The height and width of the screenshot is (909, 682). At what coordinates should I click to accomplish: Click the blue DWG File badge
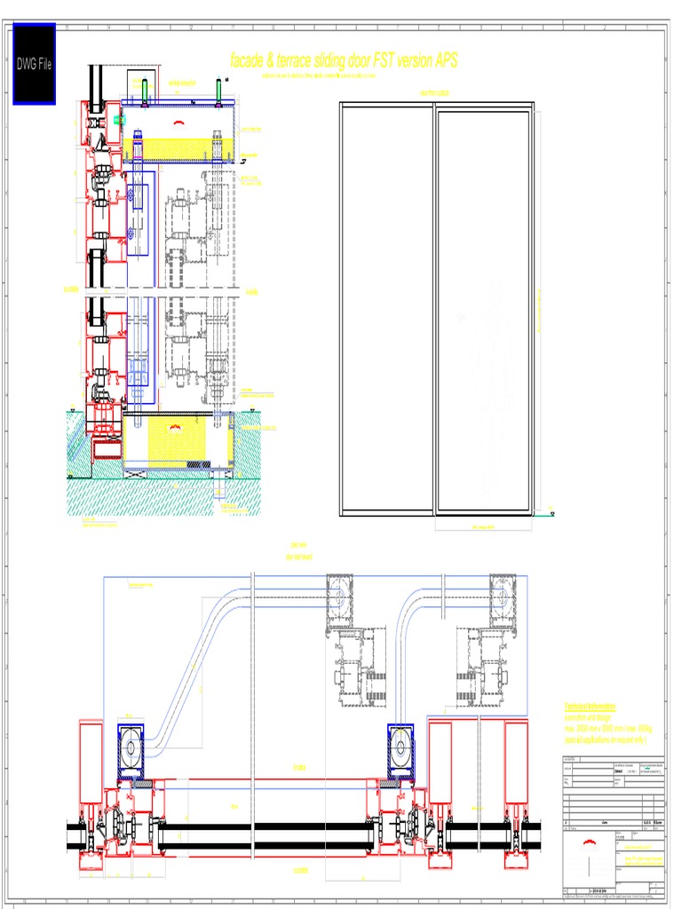point(34,64)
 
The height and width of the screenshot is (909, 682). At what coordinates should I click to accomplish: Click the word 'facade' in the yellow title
point(252,61)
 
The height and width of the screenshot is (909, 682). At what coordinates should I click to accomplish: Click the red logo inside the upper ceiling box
point(179,123)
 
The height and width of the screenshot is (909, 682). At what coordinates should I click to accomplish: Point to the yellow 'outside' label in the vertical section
point(70,289)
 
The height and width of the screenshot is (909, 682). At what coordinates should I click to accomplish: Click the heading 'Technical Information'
point(591,707)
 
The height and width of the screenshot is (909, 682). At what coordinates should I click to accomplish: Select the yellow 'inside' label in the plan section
point(299,768)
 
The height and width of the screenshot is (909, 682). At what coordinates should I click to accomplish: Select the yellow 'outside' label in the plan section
point(300,871)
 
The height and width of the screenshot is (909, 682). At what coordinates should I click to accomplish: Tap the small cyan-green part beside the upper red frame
point(121,118)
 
